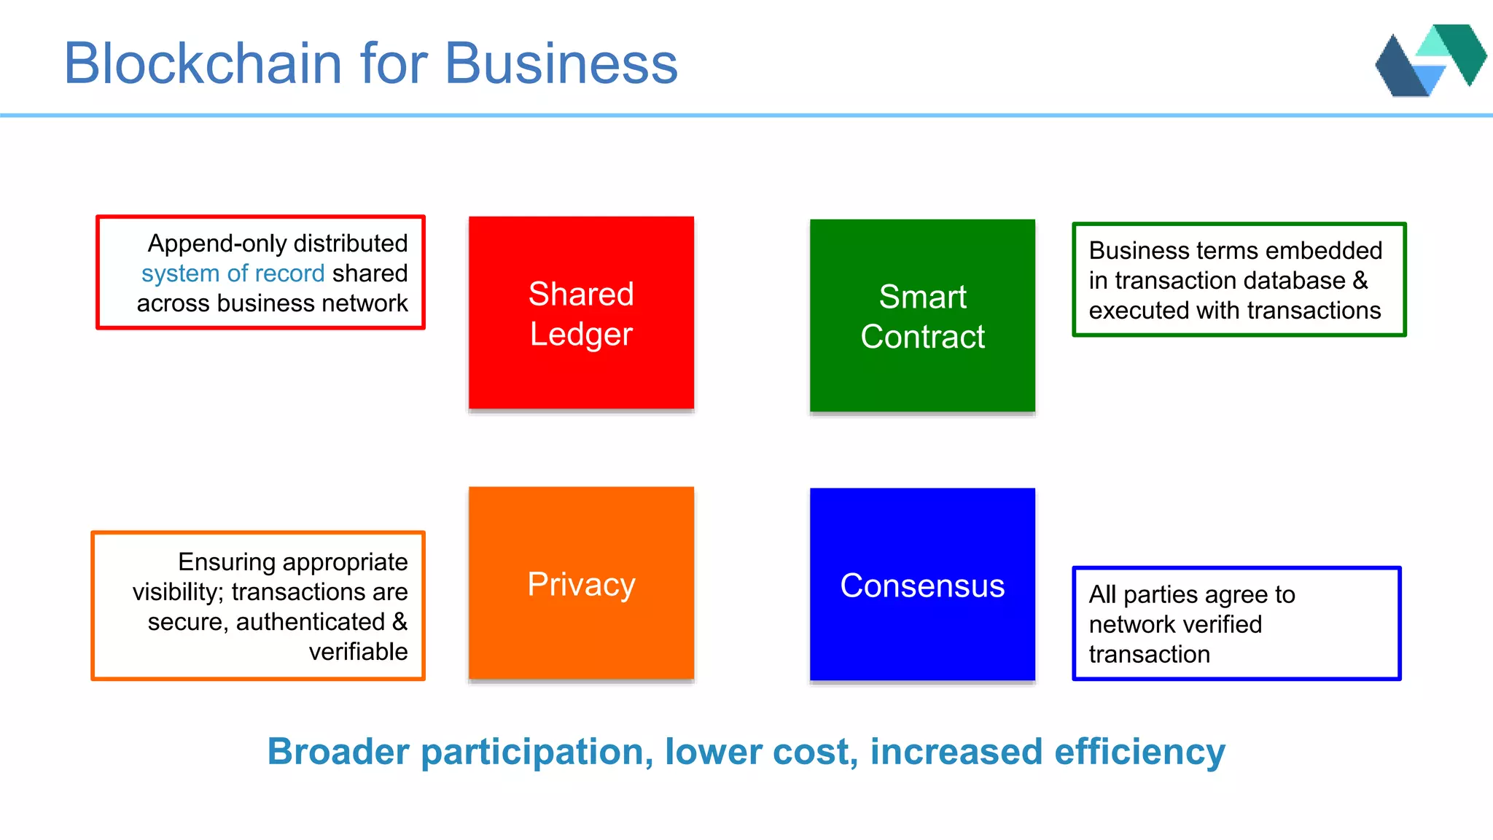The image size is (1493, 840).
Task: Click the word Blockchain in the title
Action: pyautogui.click(x=203, y=63)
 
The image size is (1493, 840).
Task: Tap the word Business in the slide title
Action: pyautogui.click(x=561, y=63)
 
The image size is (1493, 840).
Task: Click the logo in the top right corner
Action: pyautogui.click(x=1430, y=61)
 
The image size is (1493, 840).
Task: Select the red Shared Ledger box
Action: pyautogui.click(x=581, y=313)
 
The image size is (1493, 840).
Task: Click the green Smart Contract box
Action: pyautogui.click(x=922, y=316)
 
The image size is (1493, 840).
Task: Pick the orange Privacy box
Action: pyautogui.click(x=581, y=583)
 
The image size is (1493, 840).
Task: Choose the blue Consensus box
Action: pyautogui.click(x=922, y=585)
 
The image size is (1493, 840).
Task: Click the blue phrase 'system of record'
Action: pyautogui.click(x=233, y=273)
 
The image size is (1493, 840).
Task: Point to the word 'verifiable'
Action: pyautogui.click(x=358, y=652)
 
